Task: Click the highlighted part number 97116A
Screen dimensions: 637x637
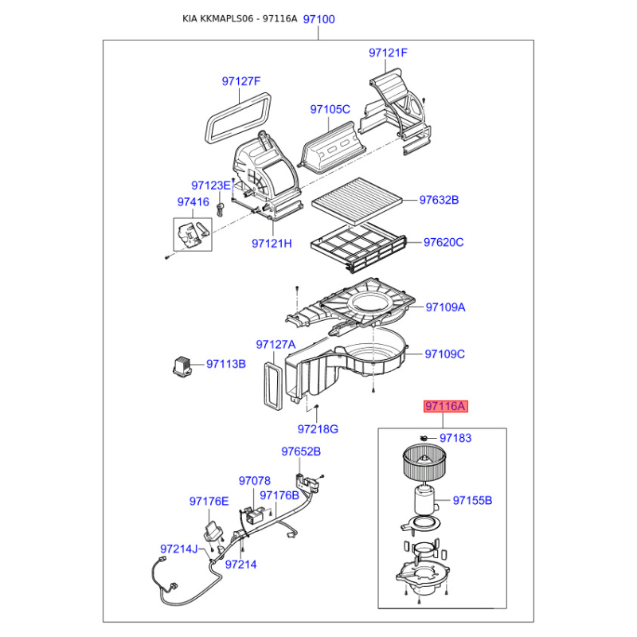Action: [x=446, y=406]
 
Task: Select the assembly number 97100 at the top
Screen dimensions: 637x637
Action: [x=319, y=19]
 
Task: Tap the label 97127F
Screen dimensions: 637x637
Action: [x=241, y=81]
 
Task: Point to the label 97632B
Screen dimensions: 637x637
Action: [x=439, y=200]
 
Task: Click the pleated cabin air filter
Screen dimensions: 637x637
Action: [x=357, y=201]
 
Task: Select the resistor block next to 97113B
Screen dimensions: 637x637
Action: [x=182, y=365]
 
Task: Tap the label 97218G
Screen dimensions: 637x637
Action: [x=318, y=429]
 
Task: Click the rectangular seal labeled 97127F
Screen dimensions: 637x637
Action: [x=238, y=118]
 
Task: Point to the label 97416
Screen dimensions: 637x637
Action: [x=193, y=202]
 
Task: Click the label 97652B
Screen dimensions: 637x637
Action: [x=301, y=451]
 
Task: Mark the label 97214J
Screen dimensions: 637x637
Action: [x=178, y=549]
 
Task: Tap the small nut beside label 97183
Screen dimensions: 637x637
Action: [x=424, y=437]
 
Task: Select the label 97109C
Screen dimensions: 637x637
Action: [x=444, y=354]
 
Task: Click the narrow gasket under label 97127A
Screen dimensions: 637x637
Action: [x=272, y=385]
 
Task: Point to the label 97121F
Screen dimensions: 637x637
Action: [x=388, y=53]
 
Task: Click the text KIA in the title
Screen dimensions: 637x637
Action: [x=190, y=18]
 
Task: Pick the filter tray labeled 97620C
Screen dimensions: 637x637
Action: [x=358, y=247]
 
